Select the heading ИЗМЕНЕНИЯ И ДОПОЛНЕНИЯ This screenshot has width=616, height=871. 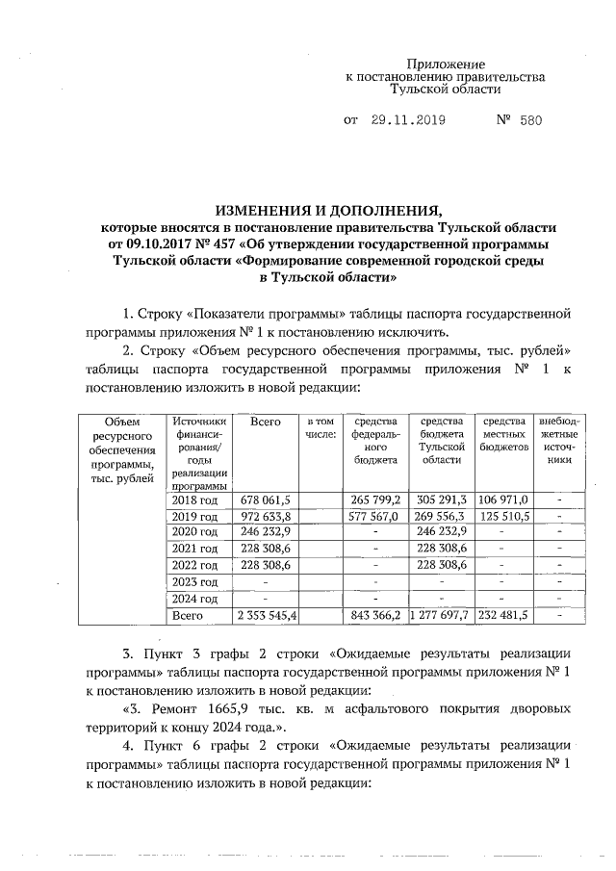(x=328, y=210)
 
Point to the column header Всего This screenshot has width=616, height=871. (x=265, y=422)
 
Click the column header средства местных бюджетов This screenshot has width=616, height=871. (x=503, y=434)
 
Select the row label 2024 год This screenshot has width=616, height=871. (x=195, y=598)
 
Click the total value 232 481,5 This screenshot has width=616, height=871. (x=503, y=615)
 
